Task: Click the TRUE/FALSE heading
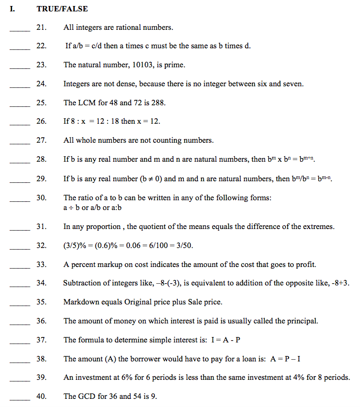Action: pos(62,9)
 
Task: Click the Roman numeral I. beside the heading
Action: pos(12,9)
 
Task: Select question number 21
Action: pos(41,27)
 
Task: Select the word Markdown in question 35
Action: pos(80,302)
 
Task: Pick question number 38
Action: pos(41,359)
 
